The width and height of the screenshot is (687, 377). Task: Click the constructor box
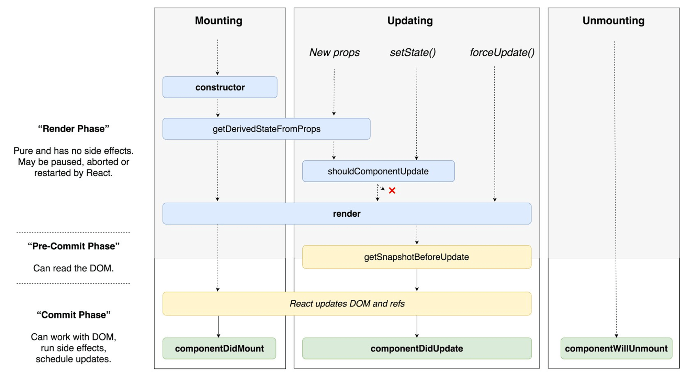point(220,87)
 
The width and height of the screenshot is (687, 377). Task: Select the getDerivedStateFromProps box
point(266,129)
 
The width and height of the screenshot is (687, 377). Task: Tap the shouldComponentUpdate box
point(378,171)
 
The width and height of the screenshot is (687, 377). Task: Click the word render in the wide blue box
point(347,214)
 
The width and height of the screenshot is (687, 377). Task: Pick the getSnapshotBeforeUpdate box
point(416,257)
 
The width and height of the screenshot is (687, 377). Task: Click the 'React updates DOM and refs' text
point(347,304)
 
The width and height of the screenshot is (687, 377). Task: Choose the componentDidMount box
point(219,348)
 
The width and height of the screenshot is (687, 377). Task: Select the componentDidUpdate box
point(417,348)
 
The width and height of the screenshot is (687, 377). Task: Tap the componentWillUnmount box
point(616,348)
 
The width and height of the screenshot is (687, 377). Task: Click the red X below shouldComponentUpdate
point(392,191)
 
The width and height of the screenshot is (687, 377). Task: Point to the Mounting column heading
point(218,21)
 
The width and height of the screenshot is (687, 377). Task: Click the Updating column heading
point(410,21)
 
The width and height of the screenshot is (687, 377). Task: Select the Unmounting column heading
point(613,21)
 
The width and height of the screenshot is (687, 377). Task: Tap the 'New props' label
point(334,52)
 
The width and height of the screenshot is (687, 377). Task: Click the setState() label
point(413,52)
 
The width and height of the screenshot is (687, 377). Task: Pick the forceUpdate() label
point(502,52)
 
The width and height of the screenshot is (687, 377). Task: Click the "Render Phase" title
point(74,129)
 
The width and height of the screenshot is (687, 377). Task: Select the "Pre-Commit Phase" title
point(74,246)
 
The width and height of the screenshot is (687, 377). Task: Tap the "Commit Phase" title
point(74,315)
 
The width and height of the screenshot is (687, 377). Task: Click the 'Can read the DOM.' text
point(74,268)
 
